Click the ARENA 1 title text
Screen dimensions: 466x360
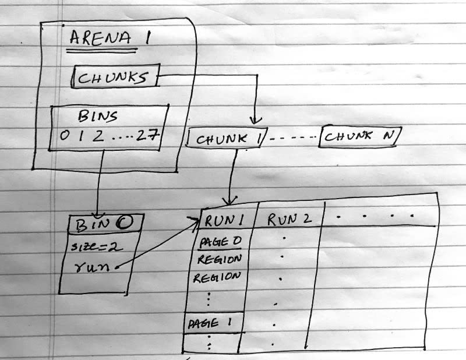pos(110,38)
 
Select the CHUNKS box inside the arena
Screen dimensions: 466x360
pos(115,76)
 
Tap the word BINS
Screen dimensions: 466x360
pos(98,116)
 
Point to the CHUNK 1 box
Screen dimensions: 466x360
pos(227,137)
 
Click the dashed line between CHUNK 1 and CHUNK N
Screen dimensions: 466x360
pos(293,137)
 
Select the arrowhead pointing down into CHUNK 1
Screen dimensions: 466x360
pos(255,121)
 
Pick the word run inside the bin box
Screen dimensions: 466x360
pos(91,267)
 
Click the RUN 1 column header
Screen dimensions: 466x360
pos(224,221)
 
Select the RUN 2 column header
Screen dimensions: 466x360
pos(289,220)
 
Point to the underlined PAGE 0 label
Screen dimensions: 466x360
pos(220,242)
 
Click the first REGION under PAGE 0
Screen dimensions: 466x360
pos(220,260)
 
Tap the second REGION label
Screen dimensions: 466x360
pos(217,277)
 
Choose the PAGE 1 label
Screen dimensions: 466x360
pos(210,323)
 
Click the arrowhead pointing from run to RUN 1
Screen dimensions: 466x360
pos(195,221)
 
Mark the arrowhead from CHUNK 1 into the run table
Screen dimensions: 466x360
pos(229,201)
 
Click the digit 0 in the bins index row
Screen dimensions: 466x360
pos(65,136)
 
